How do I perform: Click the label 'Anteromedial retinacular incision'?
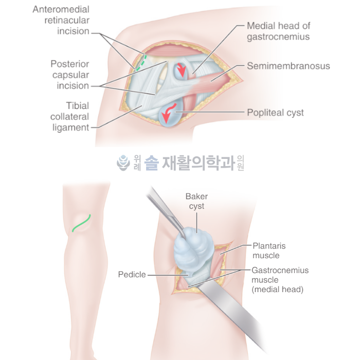coord(61,21)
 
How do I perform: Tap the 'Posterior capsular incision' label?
coord(70,75)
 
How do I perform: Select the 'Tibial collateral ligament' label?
coord(70,116)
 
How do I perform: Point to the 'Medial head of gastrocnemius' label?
coord(278,31)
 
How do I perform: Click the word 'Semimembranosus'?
coord(288,66)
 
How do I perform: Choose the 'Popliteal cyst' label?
coord(275,112)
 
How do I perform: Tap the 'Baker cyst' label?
coord(196,201)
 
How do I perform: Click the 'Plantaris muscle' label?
coord(266,250)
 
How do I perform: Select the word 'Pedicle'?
coord(132,275)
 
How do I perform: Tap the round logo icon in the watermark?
coord(123,163)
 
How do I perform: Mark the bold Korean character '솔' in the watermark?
coord(151,164)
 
